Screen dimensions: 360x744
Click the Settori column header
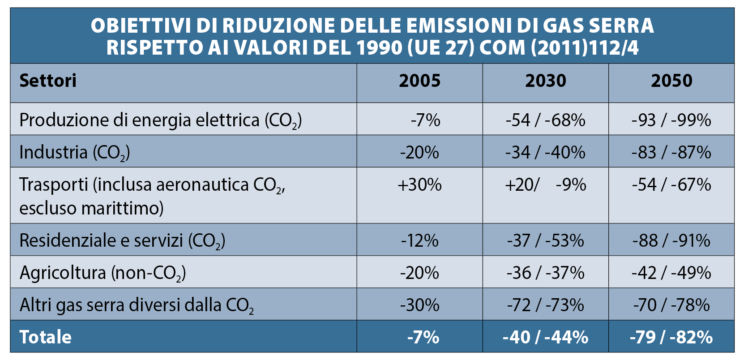48,81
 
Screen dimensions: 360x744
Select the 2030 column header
545,81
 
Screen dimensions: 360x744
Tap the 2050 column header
671,81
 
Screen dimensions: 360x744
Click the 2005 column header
419,81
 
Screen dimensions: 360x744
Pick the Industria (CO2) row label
75,153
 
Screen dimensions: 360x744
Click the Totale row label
46,337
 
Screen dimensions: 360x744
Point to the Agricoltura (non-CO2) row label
103,273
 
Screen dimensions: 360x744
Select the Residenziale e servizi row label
122,241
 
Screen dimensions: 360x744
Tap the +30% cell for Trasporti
419,185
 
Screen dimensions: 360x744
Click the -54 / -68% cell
545,120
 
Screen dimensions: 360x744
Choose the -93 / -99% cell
671,120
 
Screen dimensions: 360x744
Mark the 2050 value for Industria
671,153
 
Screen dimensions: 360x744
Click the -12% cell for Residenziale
419,241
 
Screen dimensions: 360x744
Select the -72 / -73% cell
545,305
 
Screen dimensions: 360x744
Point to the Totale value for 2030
545,337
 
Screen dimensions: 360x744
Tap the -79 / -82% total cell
671,337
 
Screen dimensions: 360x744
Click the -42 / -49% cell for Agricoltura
671,273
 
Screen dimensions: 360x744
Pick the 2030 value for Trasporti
545,185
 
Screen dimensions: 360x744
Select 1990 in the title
380,48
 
